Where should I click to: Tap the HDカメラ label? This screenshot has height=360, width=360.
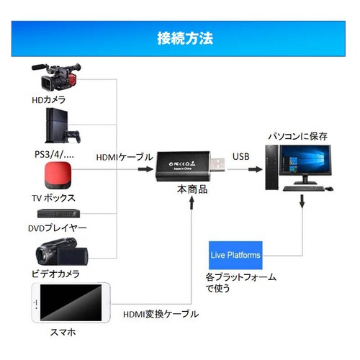[x=49, y=99]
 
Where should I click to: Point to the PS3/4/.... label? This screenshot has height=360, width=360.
[x=55, y=153]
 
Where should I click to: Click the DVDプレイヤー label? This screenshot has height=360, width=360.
[x=57, y=228]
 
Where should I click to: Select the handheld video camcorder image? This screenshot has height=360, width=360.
[x=61, y=254]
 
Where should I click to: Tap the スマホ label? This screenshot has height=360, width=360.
[x=61, y=333]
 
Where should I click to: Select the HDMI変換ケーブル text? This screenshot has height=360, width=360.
[x=161, y=315]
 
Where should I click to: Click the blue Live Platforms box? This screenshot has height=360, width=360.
[x=235, y=255]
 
